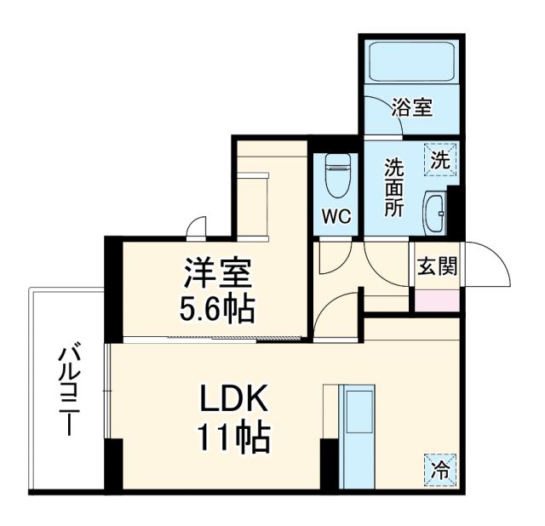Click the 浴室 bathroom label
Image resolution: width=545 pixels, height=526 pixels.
[412, 108]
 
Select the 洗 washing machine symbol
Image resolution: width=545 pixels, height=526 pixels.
[439, 158]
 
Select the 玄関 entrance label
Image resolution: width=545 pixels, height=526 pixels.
[437, 266]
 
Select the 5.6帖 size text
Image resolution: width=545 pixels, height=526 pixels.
[216, 309]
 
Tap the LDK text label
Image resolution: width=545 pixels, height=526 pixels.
[234, 401]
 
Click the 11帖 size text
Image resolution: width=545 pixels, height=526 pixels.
[234, 438]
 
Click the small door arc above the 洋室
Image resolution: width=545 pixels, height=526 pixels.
[197, 226]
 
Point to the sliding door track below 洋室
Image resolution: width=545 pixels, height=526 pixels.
[213, 340]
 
